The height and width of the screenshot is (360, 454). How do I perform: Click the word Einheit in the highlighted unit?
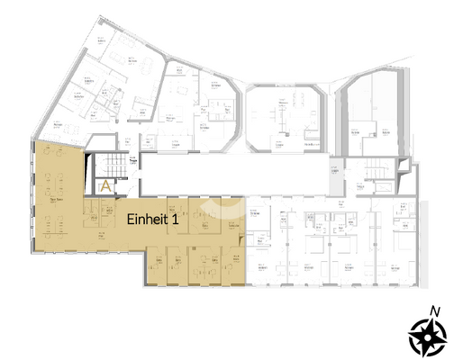point(143,219)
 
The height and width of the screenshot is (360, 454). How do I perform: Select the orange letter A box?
point(105,187)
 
